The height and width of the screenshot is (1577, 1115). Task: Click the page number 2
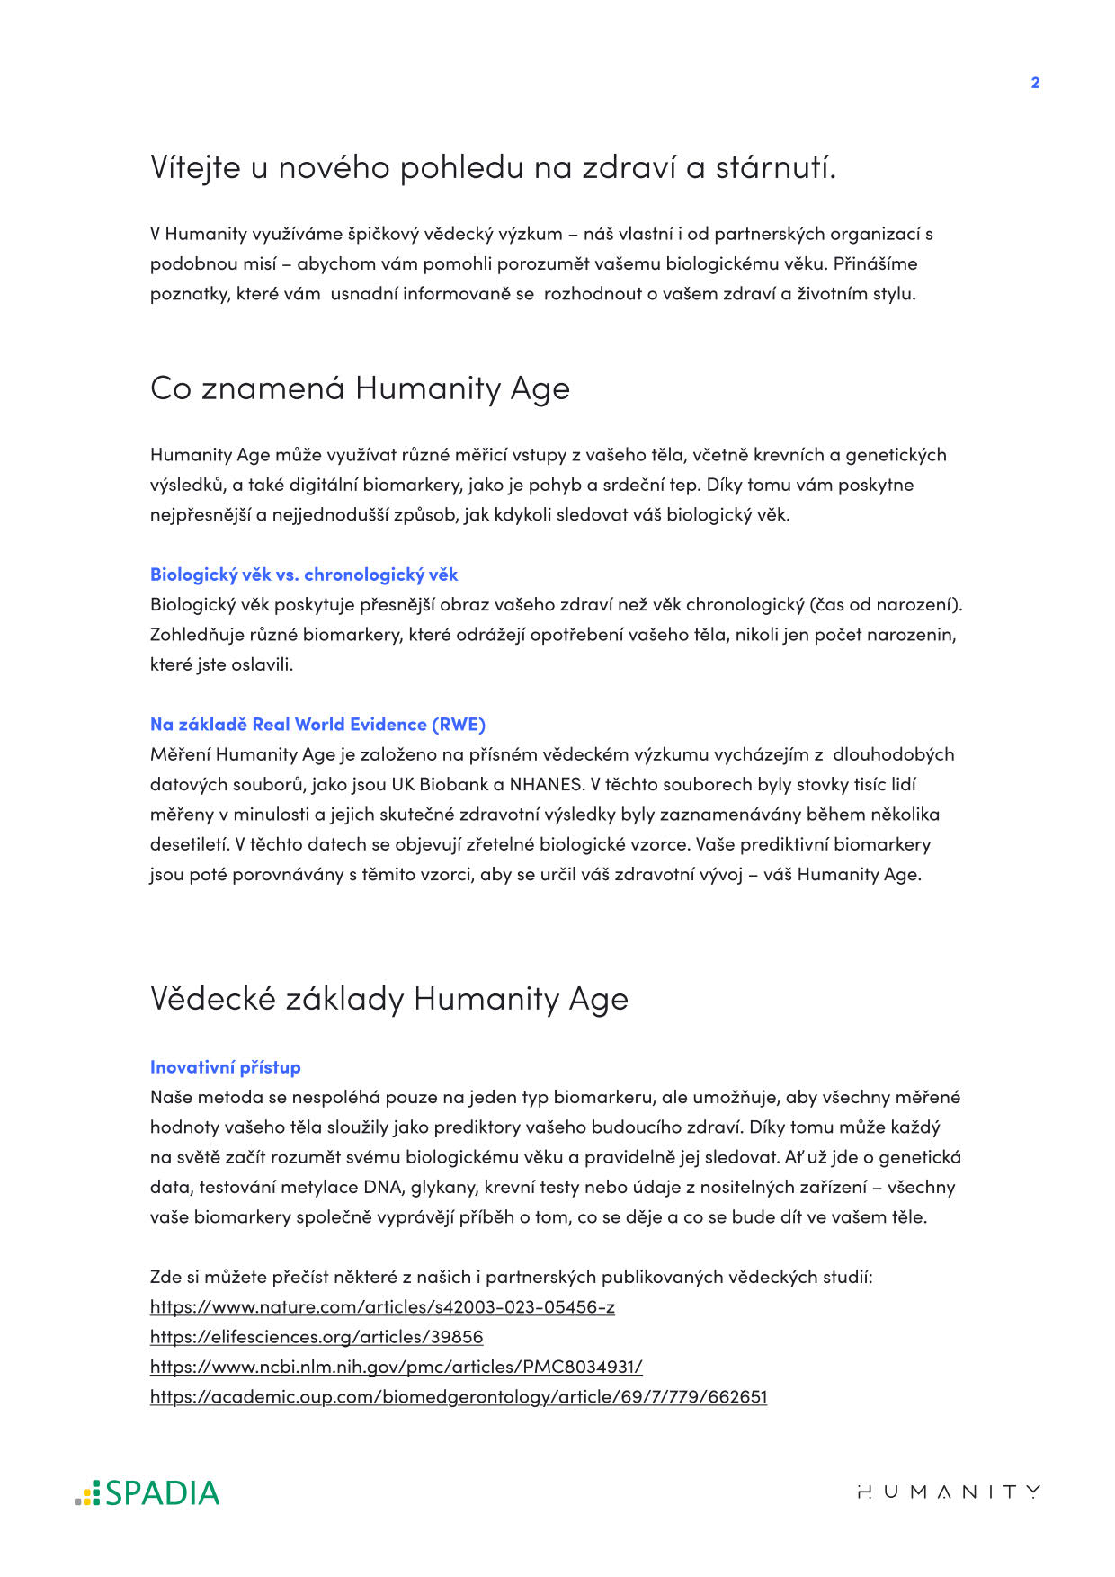(x=1035, y=83)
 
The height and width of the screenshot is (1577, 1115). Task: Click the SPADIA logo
(x=147, y=1492)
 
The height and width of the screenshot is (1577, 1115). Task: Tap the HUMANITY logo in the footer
(x=949, y=1492)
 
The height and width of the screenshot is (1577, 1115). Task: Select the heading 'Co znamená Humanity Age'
(x=360, y=388)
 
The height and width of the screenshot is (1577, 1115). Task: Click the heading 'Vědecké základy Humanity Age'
(x=388, y=999)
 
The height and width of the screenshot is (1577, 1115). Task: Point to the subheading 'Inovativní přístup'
(x=225, y=1067)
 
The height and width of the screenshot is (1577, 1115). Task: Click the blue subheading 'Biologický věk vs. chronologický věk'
(x=304, y=575)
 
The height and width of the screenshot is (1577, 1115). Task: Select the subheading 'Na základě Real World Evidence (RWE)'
(x=317, y=725)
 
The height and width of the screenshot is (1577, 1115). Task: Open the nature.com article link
(x=382, y=1307)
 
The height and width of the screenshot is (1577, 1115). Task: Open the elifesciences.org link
(x=317, y=1337)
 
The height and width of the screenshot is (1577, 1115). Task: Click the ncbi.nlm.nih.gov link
(x=396, y=1367)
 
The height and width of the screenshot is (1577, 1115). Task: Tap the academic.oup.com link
(x=458, y=1397)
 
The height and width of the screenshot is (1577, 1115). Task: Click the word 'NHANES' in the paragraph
(x=546, y=784)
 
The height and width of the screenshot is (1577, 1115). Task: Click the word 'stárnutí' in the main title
(x=775, y=168)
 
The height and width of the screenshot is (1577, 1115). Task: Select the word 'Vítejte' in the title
(x=195, y=168)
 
